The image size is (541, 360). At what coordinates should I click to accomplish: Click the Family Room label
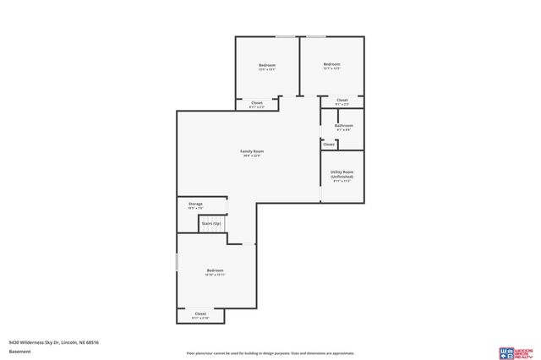click(253, 151)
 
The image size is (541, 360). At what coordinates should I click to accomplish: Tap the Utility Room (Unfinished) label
click(342, 174)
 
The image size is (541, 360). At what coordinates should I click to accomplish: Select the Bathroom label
click(343, 126)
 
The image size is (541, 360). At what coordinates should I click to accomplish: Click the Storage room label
click(195, 204)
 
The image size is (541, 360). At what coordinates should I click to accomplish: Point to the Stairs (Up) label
click(210, 223)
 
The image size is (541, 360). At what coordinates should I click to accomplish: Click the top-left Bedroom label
click(267, 65)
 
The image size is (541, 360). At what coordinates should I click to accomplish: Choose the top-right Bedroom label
click(331, 64)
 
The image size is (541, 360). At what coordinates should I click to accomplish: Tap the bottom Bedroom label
click(215, 270)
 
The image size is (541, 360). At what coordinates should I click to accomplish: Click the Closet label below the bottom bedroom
click(200, 314)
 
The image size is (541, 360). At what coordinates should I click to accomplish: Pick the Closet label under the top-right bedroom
click(342, 101)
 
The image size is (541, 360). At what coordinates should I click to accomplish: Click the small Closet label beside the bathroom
click(329, 145)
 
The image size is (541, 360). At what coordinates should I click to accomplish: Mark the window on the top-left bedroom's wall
click(285, 36)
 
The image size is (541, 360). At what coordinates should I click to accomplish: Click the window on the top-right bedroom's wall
click(316, 36)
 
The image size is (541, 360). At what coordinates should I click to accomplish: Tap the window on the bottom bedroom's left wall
click(177, 263)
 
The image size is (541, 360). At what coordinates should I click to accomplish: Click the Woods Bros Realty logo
click(516, 352)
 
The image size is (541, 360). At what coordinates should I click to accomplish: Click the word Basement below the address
click(19, 352)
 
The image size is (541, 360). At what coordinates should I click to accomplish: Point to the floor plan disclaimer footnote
click(270, 353)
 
